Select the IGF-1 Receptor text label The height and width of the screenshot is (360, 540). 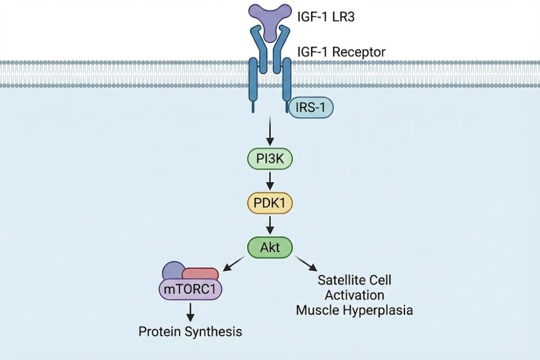click(x=341, y=52)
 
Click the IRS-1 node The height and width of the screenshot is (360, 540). click(x=311, y=108)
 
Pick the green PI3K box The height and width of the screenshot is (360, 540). click(x=269, y=160)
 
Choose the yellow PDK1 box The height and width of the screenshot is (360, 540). click(x=269, y=203)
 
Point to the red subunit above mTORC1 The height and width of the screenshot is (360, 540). click(x=201, y=274)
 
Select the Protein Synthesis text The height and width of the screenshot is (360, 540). click(x=190, y=331)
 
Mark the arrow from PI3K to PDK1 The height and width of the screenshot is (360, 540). click(x=269, y=181)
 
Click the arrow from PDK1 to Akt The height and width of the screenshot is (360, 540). click(x=269, y=225)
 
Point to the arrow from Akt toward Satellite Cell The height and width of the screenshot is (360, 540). click(x=306, y=264)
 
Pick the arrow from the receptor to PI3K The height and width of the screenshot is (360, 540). click(x=269, y=133)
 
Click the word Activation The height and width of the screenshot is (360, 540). click(x=354, y=295)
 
